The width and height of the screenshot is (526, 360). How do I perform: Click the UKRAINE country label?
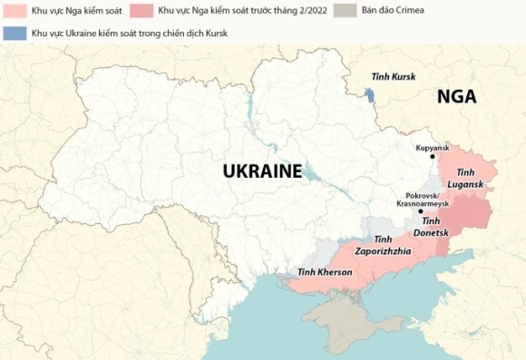pos(262,170)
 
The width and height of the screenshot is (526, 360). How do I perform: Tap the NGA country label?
pos(456,97)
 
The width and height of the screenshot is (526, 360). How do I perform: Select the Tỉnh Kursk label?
pos(394,77)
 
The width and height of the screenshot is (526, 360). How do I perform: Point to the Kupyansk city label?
pos(433,147)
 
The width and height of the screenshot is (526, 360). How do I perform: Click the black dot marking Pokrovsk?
pos(420,211)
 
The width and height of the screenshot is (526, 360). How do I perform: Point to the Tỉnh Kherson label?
pos(325,273)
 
